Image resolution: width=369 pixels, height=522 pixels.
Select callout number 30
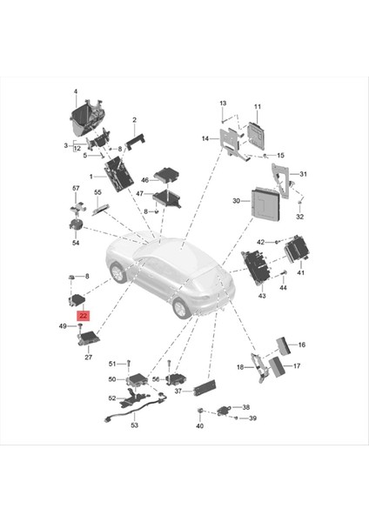236,201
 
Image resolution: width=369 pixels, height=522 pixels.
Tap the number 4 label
75,92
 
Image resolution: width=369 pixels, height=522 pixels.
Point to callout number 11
257,106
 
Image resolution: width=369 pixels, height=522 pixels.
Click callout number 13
222,104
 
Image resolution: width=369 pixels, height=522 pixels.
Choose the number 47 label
140,195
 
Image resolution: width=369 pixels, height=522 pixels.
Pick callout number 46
145,178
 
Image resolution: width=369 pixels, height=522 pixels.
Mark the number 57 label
75,188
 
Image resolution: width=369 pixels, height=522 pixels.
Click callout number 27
88,357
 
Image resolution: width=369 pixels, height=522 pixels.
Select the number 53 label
134,425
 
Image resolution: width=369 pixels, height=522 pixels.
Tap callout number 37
178,391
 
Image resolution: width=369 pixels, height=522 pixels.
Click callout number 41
301,272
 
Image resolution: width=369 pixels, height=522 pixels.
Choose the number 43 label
260,297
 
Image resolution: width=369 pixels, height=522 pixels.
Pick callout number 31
303,174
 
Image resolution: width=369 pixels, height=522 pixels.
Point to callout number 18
239,368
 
